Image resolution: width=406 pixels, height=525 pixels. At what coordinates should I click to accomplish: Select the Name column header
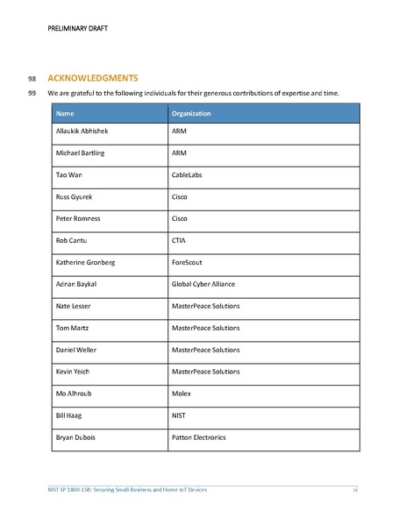pos(64,114)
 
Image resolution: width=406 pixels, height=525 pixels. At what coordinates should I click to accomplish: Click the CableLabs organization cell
pos(188,174)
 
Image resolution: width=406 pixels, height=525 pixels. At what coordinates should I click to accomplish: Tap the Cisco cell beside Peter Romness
pos(180,218)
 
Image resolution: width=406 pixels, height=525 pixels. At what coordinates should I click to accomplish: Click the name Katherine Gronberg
pos(88,262)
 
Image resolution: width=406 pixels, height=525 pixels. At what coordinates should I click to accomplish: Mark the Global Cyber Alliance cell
pos(203,284)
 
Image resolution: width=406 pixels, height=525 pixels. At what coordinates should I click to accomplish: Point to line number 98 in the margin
pos(32,77)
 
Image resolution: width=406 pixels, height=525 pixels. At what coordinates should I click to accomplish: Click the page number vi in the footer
pos(355,489)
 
